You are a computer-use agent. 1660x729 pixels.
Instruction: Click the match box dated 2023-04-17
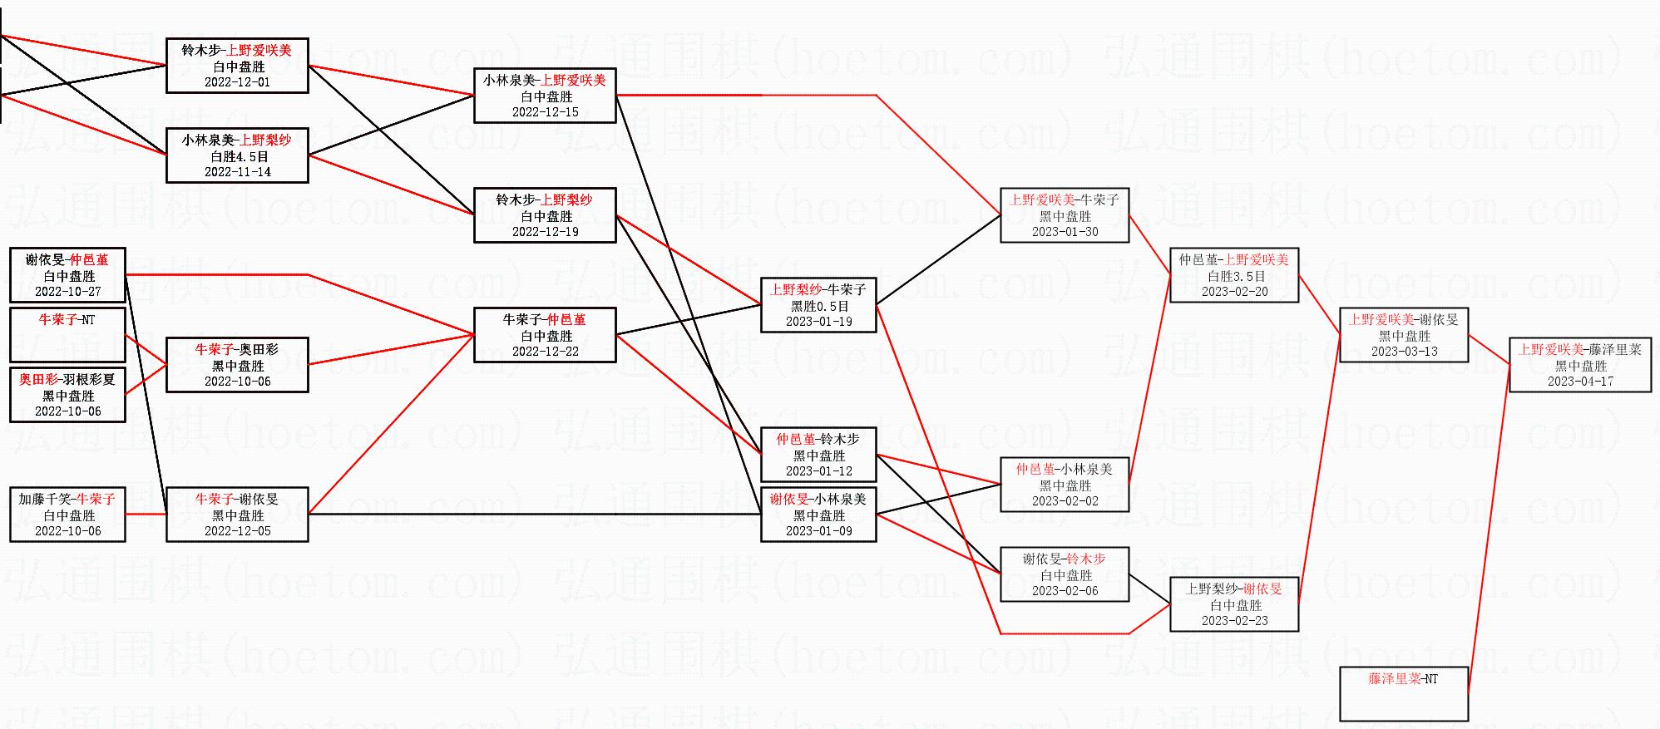tap(1580, 365)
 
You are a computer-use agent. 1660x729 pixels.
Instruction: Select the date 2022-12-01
tap(237, 82)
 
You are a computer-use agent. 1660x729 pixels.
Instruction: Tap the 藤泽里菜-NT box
tap(1403, 694)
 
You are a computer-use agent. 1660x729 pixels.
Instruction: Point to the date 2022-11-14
tap(237, 172)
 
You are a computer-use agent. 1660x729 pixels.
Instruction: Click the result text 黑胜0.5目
tap(819, 306)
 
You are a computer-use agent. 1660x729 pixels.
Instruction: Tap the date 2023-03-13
tap(1404, 352)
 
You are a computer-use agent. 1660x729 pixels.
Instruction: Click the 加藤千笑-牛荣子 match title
tap(67, 499)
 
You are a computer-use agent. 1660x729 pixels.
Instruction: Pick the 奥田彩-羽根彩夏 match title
tap(67, 379)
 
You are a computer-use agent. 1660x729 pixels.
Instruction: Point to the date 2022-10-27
tap(67, 292)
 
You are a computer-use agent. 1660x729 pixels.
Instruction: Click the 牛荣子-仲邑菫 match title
tap(545, 319)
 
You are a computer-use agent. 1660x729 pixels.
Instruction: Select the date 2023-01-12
tap(818, 471)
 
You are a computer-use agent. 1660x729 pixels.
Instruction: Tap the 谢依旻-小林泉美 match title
tap(818, 499)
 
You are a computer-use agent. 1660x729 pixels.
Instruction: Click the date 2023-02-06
tap(1065, 591)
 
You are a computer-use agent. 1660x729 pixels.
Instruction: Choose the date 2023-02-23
tap(1234, 621)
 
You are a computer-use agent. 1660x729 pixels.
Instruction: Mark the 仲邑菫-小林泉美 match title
tap(1065, 469)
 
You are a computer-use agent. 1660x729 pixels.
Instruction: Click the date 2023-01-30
tap(1065, 232)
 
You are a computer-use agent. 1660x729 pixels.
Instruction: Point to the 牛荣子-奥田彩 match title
tap(237, 349)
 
